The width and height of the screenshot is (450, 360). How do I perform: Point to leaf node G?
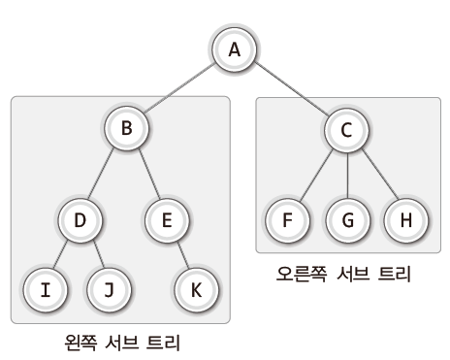tap(346, 218)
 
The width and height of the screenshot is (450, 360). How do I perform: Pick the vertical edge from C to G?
tap(346, 175)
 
